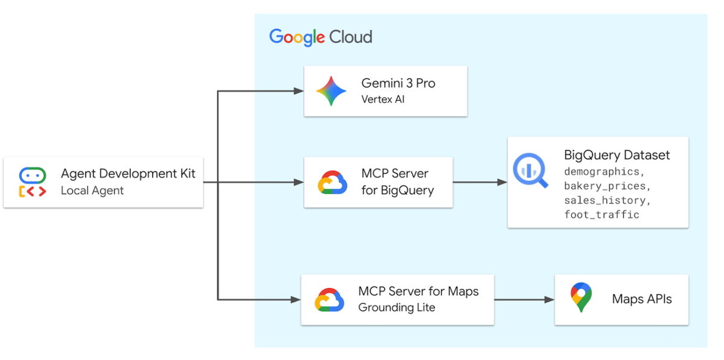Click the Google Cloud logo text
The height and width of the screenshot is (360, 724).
(320, 37)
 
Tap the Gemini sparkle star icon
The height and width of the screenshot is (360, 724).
(331, 91)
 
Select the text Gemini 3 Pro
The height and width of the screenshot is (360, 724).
(398, 83)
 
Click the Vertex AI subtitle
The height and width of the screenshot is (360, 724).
(383, 99)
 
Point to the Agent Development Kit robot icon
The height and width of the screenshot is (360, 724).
(32, 183)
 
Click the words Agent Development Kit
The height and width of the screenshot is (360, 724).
(128, 174)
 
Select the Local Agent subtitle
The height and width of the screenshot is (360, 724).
(92, 191)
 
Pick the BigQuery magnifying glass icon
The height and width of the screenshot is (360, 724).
(530, 171)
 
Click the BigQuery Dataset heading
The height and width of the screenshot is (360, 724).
(617, 155)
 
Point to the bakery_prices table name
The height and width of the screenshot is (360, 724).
(607, 186)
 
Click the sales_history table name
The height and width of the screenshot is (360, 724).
(607, 200)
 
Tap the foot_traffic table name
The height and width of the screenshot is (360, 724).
(602, 215)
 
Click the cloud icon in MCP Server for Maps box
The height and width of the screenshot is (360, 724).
(329, 300)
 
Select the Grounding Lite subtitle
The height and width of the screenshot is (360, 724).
(396, 308)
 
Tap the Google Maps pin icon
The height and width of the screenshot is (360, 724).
(580, 297)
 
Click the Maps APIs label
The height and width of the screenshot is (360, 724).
(641, 299)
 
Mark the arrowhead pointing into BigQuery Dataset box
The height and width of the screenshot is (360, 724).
(502, 182)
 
